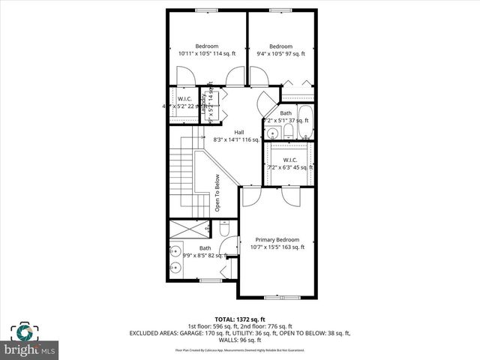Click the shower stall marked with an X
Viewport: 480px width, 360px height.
[x=192, y=229]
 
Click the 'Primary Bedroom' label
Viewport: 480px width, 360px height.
[x=277, y=238]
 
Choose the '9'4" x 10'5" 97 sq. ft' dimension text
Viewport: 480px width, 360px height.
[x=280, y=54]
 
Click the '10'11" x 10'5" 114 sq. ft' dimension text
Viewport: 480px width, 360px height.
[x=206, y=54]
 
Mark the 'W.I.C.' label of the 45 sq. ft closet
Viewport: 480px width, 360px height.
[x=290, y=159]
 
